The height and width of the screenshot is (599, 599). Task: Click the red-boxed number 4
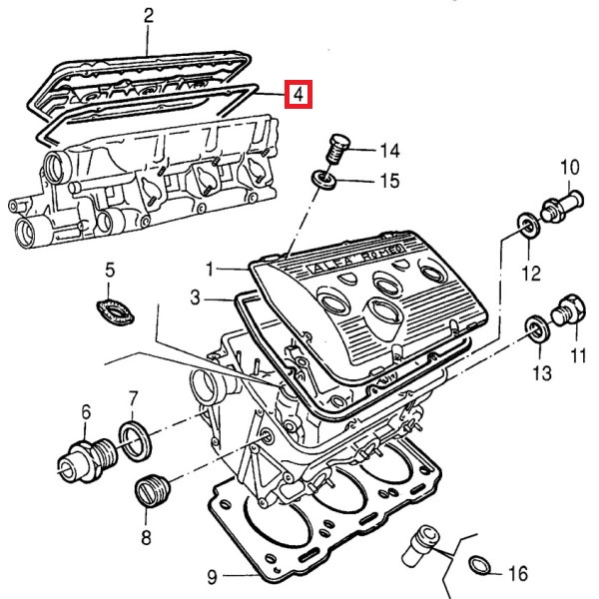click(x=298, y=95)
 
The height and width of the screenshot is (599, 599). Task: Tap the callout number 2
click(x=149, y=16)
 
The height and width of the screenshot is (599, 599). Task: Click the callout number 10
click(x=569, y=166)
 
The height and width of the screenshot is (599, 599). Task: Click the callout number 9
click(x=212, y=576)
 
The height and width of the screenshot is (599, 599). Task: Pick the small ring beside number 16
click(x=479, y=566)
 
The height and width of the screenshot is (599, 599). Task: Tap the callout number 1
click(x=211, y=269)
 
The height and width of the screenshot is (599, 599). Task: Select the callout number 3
click(x=196, y=298)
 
